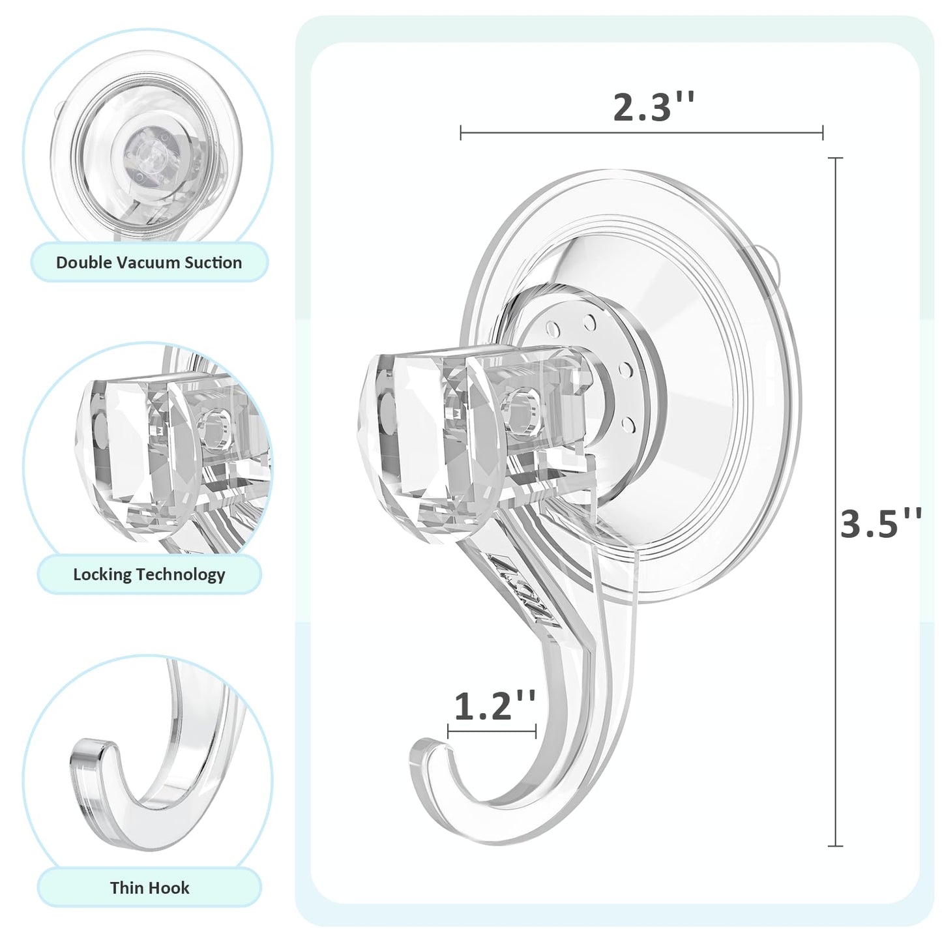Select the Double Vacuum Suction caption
coord(149,263)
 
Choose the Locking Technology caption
coord(149,574)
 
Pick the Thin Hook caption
coord(149,887)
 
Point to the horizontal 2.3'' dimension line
coord(641,132)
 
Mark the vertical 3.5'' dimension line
coord(835,502)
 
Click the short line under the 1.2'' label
coord(492,731)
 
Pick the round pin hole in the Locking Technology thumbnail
coord(214,428)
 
